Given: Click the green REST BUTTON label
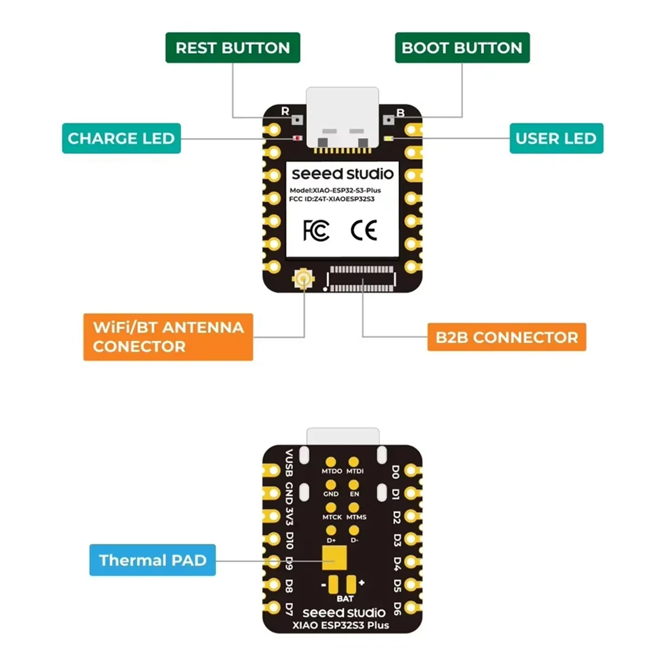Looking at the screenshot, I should pyautogui.click(x=232, y=48).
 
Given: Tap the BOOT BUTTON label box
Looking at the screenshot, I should pyautogui.click(x=462, y=48).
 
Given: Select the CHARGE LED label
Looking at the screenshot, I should pyautogui.click(x=121, y=138).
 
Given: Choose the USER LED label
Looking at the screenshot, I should pyautogui.click(x=556, y=138).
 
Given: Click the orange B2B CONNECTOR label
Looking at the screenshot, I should pyautogui.click(x=507, y=337).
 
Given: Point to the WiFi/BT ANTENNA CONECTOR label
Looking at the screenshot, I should pyautogui.click(x=168, y=337).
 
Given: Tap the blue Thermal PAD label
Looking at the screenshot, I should pyautogui.click(x=153, y=560).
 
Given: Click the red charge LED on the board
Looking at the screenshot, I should pyautogui.click(x=297, y=138).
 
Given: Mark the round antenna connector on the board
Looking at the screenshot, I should pyautogui.click(x=302, y=279).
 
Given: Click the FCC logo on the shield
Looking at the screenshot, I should pyautogui.click(x=316, y=230).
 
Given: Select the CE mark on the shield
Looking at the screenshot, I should pyautogui.click(x=364, y=230).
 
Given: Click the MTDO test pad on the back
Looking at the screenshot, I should pyautogui.click(x=331, y=462).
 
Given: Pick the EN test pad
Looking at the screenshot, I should pyautogui.click(x=354, y=485).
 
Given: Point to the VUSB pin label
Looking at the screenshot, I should pyautogui.click(x=289, y=463).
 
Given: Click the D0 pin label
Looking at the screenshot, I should pyautogui.click(x=395, y=472).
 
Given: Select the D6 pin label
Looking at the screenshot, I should pyautogui.click(x=397, y=609).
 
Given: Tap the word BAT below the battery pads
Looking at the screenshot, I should pyautogui.click(x=345, y=599).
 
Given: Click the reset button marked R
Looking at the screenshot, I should pyautogui.click(x=297, y=119).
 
